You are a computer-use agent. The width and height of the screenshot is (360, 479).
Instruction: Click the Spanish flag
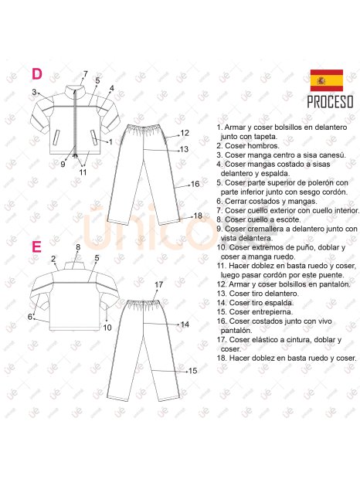[327, 80]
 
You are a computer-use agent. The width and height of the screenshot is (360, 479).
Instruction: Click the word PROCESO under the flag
[330, 102]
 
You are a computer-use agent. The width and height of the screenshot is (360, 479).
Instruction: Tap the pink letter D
[37, 74]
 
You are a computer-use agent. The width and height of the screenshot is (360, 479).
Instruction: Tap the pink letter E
[36, 246]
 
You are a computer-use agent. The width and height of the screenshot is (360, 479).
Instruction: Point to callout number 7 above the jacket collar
[86, 74]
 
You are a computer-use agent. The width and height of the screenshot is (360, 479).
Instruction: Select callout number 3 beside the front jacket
[34, 92]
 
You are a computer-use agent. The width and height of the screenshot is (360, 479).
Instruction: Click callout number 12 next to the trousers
[185, 133]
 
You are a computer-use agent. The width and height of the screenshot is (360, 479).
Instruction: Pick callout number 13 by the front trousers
[184, 149]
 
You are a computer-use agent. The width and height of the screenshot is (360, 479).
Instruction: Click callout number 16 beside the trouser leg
[195, 184]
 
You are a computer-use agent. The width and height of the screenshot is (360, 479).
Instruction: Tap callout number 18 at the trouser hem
[198, 216]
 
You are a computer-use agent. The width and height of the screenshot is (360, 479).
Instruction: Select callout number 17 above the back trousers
[159, 285]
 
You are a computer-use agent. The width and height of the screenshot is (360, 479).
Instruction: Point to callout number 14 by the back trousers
[185, 324]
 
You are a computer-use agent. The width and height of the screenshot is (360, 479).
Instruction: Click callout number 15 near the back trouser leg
[192, 371]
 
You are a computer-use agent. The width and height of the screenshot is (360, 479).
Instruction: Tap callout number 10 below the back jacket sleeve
[107, 328]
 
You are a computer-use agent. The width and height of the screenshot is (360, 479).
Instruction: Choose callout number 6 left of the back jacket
[30, 317]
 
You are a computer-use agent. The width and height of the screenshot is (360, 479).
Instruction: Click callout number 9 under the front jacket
[63, 165]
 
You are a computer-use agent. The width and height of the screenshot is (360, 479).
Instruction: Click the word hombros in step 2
[263, 146]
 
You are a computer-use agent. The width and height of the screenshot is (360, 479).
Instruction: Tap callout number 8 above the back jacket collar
[78, 247]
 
